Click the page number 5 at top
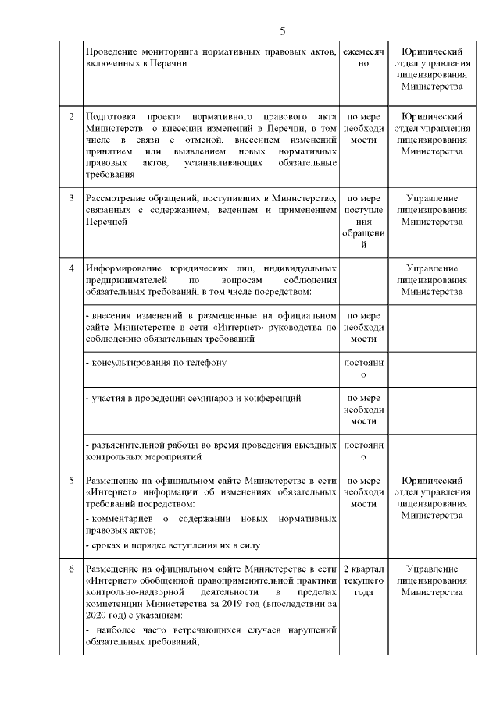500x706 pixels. click(283, 31)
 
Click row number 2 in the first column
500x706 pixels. click(71, 117)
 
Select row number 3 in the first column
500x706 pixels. click(71, 198)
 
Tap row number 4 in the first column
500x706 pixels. click(71, 269)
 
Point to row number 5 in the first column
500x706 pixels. click(71, 480)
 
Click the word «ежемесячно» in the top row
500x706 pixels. click(363, 56)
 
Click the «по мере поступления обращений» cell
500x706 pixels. click(363, 222)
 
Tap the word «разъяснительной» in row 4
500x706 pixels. click(128, 445)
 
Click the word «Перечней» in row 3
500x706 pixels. click(106, 222)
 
